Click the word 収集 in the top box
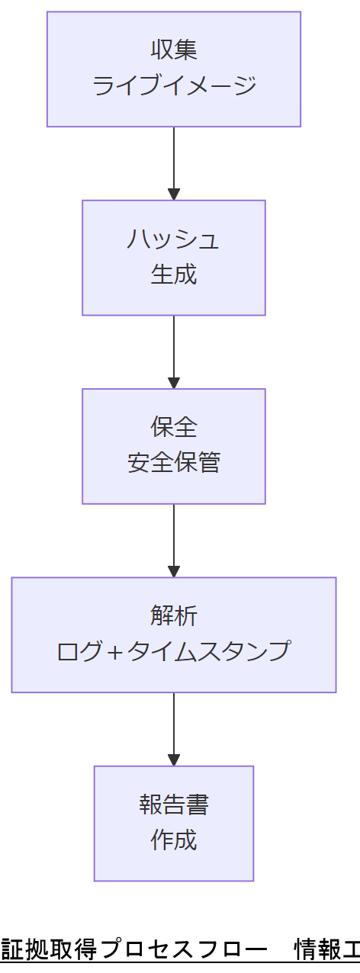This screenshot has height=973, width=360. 174,50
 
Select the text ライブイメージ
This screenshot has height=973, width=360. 174,85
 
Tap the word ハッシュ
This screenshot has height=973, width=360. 174,239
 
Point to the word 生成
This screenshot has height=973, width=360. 174,274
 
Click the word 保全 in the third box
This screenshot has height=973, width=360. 174,428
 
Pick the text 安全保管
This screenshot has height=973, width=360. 174,462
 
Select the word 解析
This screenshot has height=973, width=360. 174,616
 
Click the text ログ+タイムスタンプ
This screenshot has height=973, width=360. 174,650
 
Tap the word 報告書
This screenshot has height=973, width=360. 174,805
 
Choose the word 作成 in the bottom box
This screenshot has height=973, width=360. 174,840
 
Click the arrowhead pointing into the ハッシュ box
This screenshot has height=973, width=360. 174,194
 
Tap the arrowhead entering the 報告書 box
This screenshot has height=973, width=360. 174,759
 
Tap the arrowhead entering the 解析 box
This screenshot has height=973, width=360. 174,571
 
